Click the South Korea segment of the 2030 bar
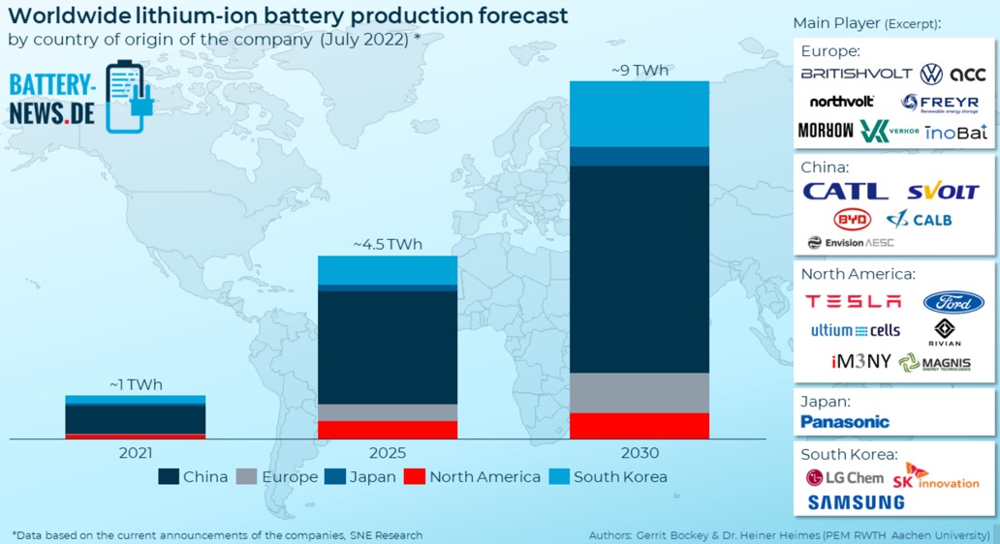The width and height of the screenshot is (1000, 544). pyautogui.click(x=639, y=113)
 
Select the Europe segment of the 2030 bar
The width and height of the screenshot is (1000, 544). pyautogui.click(x=639, y=393)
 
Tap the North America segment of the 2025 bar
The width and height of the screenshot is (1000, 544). pyautogui.click(x=388, y=430)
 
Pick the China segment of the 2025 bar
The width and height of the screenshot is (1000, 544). pyautogui.click(x=388, y=348)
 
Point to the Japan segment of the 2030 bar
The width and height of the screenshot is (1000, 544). pyautogui.click(x=639, y=156)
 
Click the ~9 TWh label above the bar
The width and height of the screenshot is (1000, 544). pyautogui.click(x=639, y=71)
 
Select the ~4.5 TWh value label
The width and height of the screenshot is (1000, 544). pyautogui.click(x=388, y=244)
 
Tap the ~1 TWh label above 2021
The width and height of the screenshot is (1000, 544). pyautogui.click(x=136, y=384)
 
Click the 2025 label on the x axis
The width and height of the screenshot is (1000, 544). pyautogui.click(x=388, y=452)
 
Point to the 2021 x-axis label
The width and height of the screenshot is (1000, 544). pyautogui.click(x=136, y=452)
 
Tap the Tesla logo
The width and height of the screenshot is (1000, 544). pyautogui.click(x=853, y=301)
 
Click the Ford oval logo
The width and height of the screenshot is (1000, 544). pyautogui.click(x=953, y=302)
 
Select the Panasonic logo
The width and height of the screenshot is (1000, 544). pyautogui.click(x=845, y=422)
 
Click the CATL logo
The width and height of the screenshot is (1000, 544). pyautogui.click(x=845, y=192)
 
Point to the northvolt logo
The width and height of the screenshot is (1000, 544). pyautogui.click(x=842, y=102)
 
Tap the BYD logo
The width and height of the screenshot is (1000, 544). pyautogui.click(x=853, y=219)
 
